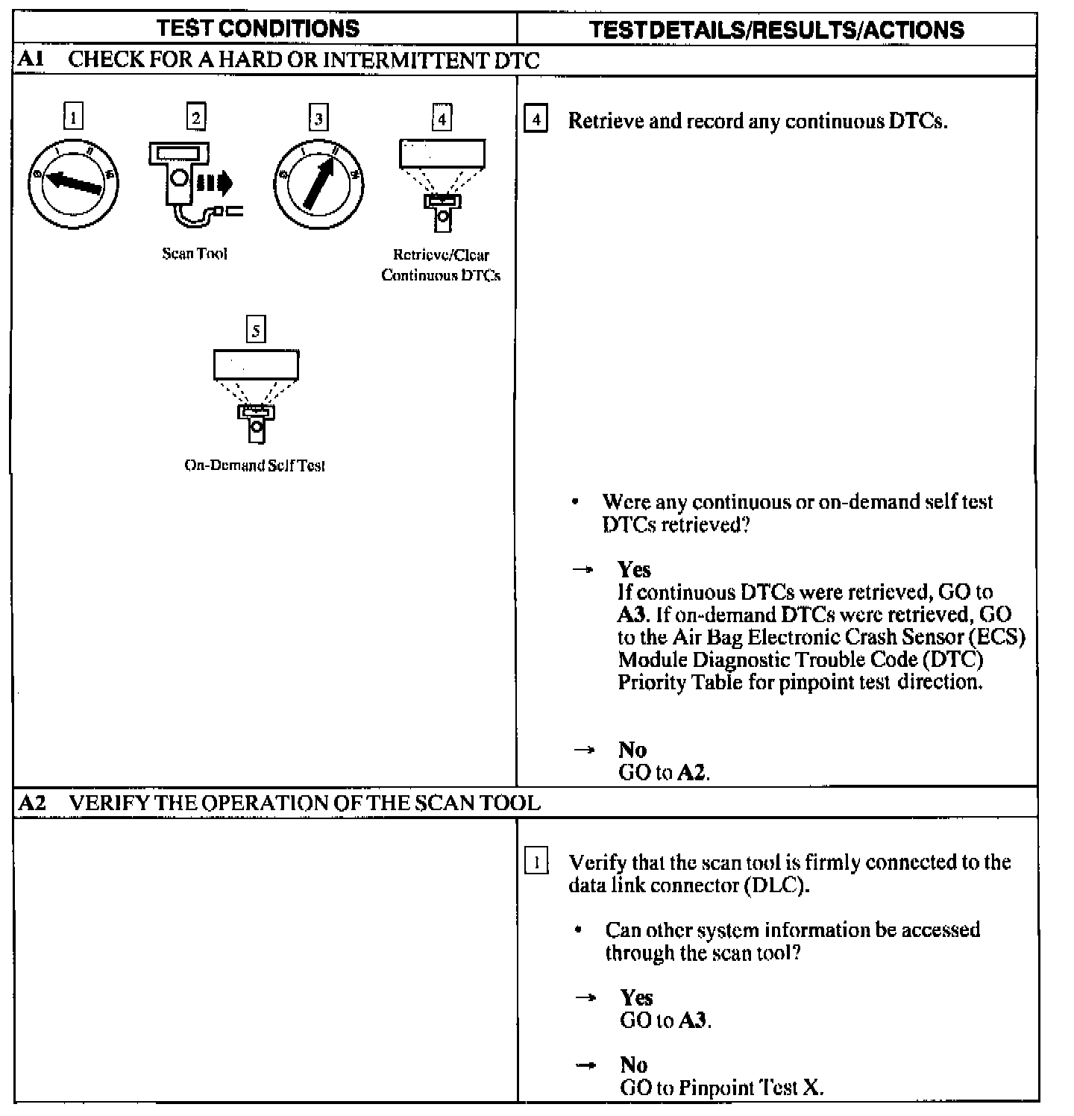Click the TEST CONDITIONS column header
tap(258, 29)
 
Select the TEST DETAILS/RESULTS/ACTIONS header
tap(776, 30)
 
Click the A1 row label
tap(31, 60)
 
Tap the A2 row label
tap(31, 803)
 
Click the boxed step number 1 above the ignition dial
tap(73, 116)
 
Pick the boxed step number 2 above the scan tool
tap(195, 116)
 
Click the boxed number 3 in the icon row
tap(318, 118)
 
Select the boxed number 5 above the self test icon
tap(256, 330)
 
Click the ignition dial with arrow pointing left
tap(72, 182)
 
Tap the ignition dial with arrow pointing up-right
tap(318, 183)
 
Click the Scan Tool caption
tap(195, 254)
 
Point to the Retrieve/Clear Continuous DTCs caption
tap(441, 265)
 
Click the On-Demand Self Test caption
tap(255, 465)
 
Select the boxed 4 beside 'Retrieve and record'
tap(536, 120)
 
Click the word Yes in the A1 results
tap(634, 569)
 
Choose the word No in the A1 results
tap(632, 749)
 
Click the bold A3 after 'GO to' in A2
tap(693, 1020)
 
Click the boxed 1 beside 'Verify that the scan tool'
tap(536, 862)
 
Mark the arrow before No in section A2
tap(586, 1065)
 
